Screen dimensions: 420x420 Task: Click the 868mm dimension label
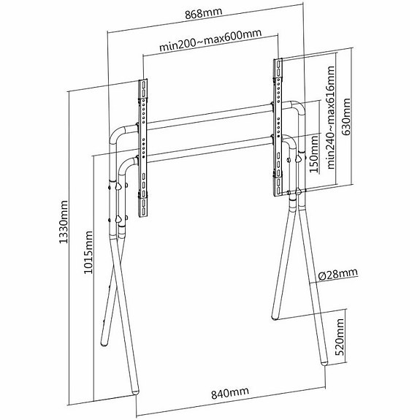tap(204, 13)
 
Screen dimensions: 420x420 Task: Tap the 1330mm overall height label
tap(64, 222)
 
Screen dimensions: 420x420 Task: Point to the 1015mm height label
tap(88, 252)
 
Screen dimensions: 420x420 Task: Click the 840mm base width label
tap(230, 393)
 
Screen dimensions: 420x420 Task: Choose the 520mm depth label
tap(340, 337)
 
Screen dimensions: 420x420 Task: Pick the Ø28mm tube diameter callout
tap(338, 274)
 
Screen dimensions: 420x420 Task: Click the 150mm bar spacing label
tap(313, 153)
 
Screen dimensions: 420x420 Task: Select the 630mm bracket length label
tap(346, 117)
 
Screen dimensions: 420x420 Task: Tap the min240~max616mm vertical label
tap(331, 118)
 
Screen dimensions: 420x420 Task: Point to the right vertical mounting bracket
tap(278, 127)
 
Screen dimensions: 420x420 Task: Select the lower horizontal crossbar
tap(208, 149)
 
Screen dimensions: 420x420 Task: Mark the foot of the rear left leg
tap(104, 343)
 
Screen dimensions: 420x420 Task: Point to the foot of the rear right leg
tap(275, 316)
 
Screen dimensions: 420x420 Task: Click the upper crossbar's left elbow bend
tap(117, 134)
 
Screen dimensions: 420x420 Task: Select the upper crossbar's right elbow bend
tap(297, 107)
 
